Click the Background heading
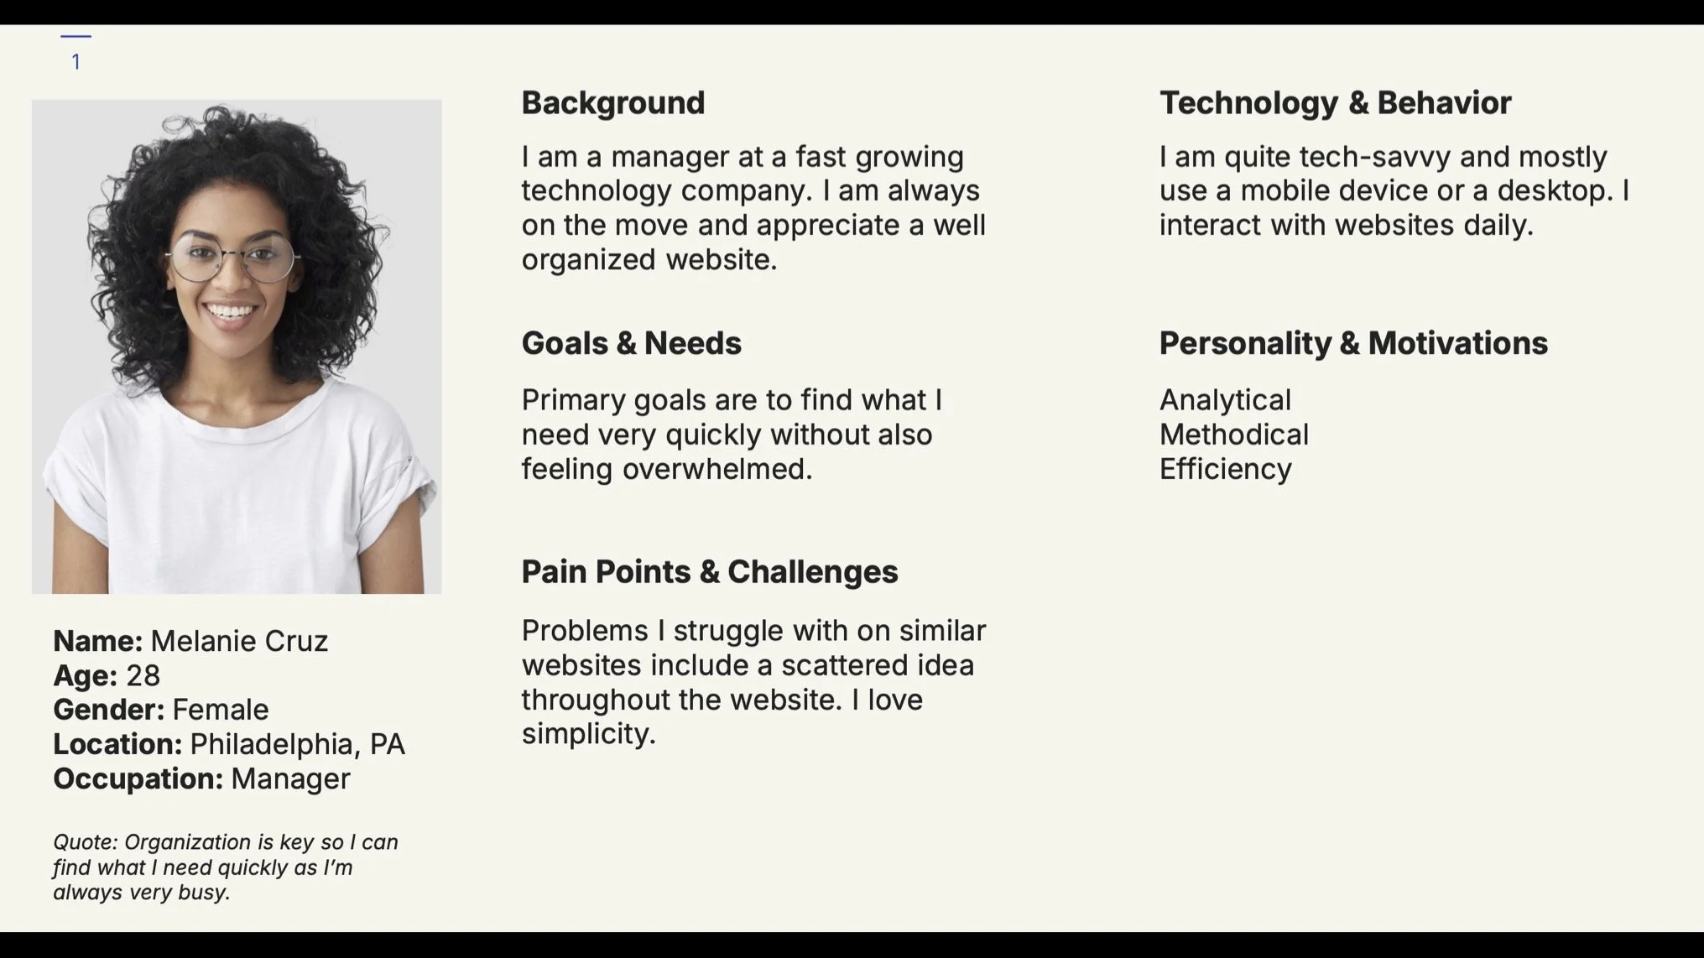click(612, 103)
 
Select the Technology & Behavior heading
click(1335, 103)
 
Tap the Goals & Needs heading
click(631, 343)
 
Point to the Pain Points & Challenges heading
click(709, 572)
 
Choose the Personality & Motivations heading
click(1352, 343)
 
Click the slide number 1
click(76, 62)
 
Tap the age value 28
click(143, 675)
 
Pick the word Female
click(221, 710)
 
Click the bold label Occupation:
click(138, 778)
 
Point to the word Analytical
click(1225, 400)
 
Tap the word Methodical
click(1233, 435)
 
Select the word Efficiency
click(1225, 469)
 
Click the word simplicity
click(587, 734)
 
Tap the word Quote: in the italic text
click(85, 842)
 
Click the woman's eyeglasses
click(232, 257)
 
